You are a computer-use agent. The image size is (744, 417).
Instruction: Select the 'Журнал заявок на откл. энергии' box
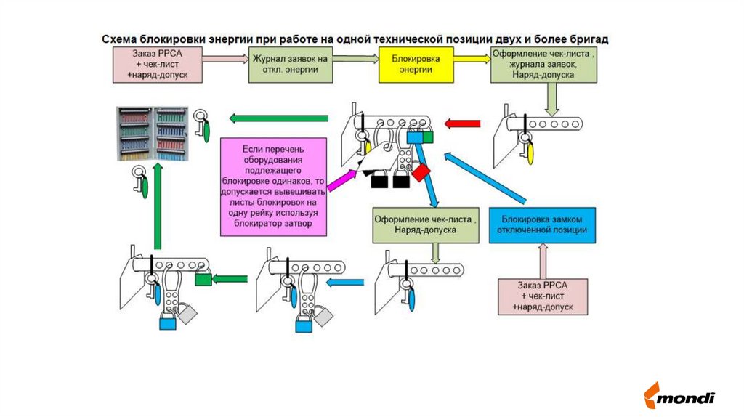click(291, 63)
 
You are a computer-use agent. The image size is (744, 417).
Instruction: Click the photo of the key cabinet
click(154, 134)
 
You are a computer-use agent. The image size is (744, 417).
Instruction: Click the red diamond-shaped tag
click(421, 173)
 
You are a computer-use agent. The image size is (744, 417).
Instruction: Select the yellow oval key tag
click(530, 153)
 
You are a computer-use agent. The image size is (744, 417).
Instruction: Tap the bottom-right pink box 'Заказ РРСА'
click(542, 296)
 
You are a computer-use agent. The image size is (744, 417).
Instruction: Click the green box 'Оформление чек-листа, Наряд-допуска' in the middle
click(426, 224)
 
